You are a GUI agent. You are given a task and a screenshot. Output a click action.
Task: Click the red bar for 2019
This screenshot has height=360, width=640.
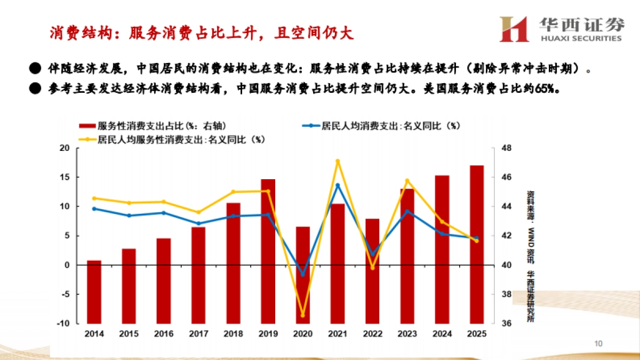268,251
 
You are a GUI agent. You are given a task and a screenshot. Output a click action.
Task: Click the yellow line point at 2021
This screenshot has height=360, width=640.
338,161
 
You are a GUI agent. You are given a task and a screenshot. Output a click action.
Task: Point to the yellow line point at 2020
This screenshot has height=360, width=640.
303,315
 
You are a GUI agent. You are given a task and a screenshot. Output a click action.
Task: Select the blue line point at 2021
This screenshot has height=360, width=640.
338,185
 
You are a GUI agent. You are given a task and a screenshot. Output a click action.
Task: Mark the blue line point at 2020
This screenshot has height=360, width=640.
303,274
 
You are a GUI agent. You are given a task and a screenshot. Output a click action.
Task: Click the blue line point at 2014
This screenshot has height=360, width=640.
94,209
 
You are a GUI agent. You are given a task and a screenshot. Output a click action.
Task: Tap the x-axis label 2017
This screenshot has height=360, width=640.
198,334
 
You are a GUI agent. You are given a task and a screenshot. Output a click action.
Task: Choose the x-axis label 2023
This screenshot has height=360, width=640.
407,334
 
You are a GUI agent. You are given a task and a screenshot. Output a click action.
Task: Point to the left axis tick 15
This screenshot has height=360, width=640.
65,177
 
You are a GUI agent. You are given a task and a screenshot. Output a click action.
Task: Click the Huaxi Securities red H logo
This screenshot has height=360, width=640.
514,29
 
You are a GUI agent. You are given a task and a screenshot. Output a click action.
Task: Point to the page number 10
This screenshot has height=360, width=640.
598,343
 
